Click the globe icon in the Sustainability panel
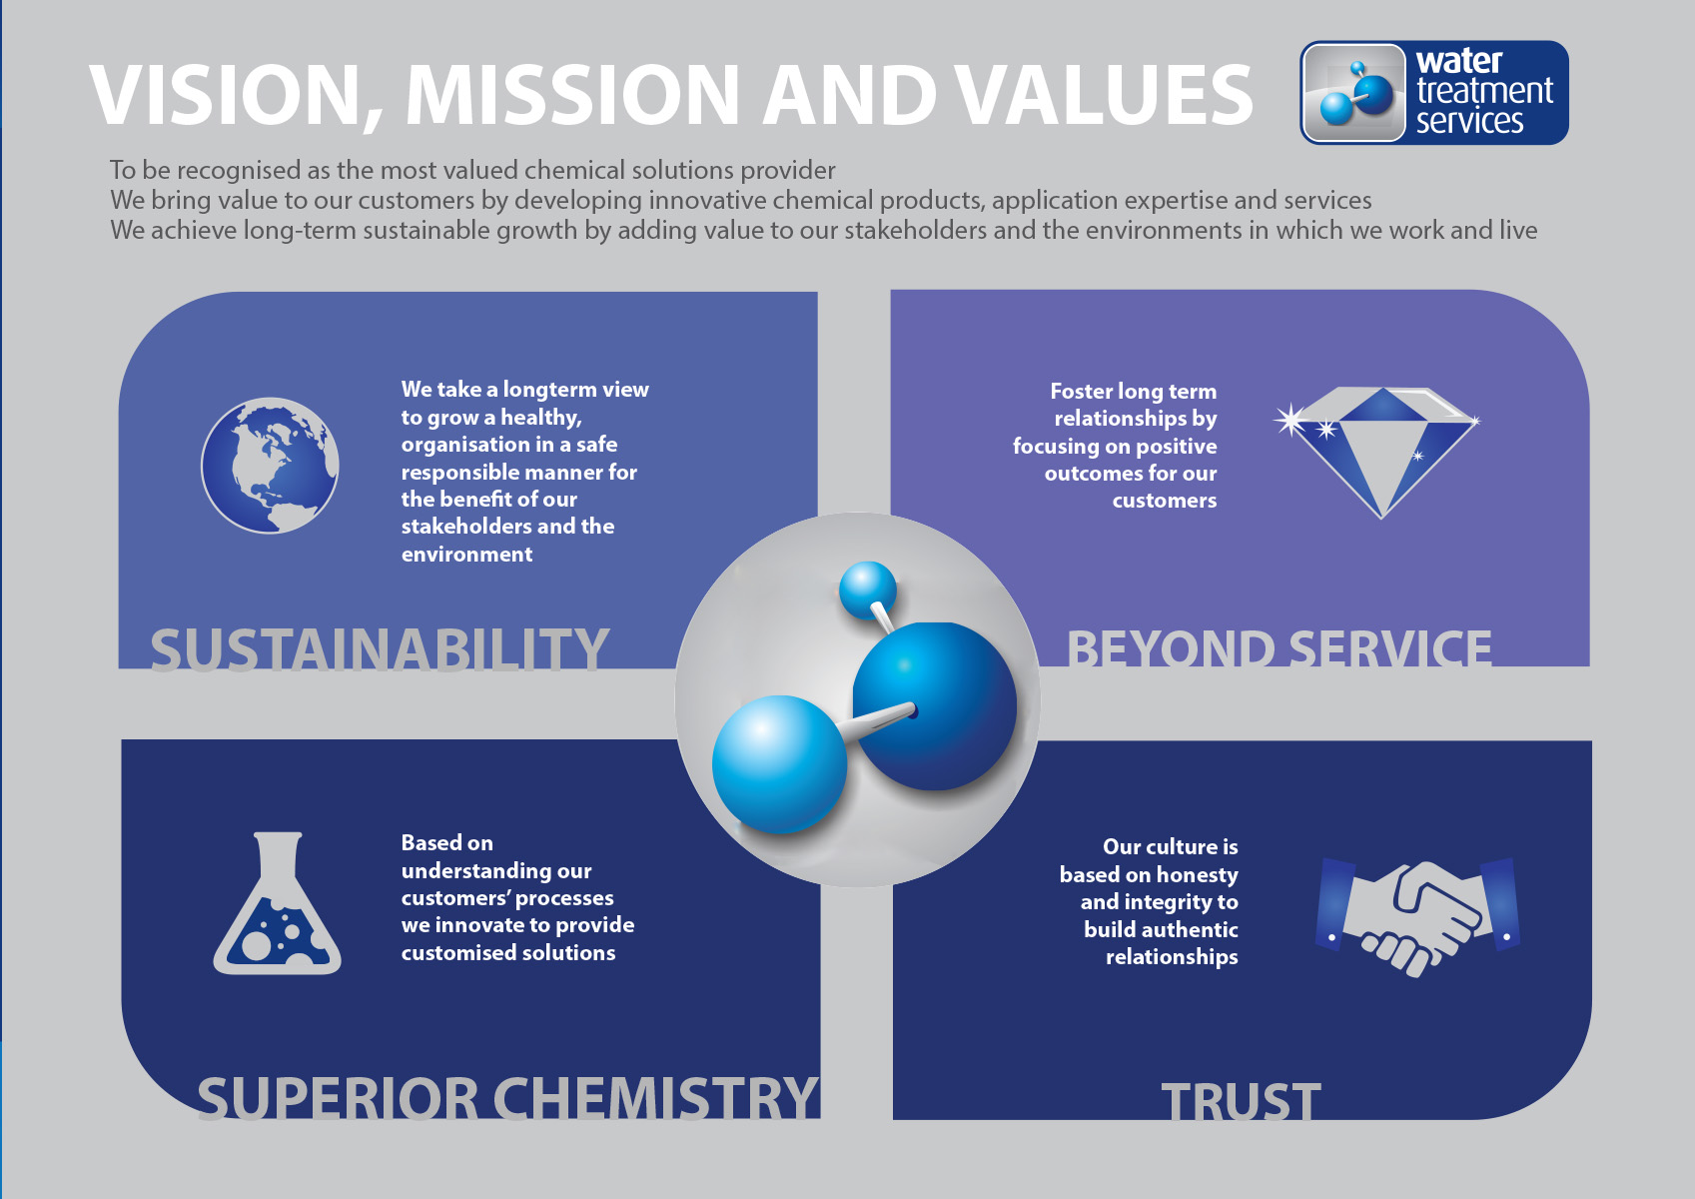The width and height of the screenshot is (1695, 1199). click(270, 466)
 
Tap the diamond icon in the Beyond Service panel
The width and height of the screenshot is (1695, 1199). click(1377, 452)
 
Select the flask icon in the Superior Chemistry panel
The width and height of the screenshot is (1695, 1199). click(277, 903)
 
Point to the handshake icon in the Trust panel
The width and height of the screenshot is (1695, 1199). click(1418, 916)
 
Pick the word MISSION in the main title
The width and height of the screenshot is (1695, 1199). click(572, 95)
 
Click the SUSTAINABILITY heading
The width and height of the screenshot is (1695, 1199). click(380, 649)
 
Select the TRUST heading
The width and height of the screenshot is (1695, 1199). click(1241, 1101)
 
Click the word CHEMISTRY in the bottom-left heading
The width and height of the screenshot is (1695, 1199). click(656, 1097)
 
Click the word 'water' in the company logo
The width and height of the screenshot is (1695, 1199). click(1459, 61)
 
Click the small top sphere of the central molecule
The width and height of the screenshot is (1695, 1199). click(868, 589)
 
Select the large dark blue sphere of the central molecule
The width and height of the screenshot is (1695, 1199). click(935, 705)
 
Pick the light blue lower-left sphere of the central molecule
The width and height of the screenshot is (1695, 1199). click(779, 764)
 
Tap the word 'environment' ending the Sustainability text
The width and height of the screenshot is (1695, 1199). click(466, 555)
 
